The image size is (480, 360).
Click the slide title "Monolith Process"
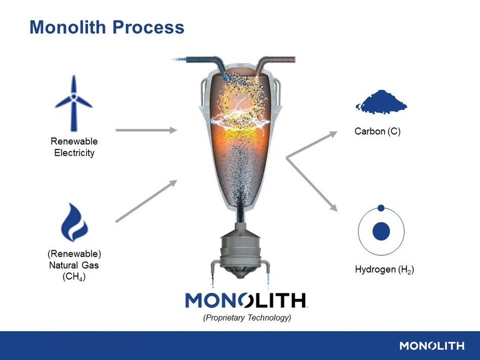point(107,27)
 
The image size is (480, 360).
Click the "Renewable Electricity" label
point(74,147)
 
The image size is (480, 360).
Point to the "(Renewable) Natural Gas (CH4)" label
point(74,265)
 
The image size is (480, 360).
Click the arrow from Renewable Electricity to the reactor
point(146,130)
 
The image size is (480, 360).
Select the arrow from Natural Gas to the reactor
point(146,201)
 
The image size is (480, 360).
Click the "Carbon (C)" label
point(377,131)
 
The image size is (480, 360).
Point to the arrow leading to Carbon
point(312,145)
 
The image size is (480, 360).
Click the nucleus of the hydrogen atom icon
point(381,232)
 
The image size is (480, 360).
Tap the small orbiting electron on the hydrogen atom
point(381,208)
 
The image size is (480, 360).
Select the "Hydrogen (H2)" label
point(384,269)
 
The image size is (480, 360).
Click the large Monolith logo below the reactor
point(246,300)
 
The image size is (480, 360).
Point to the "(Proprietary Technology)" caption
point(247,318)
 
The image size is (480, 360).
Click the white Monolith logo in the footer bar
point(432,346)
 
